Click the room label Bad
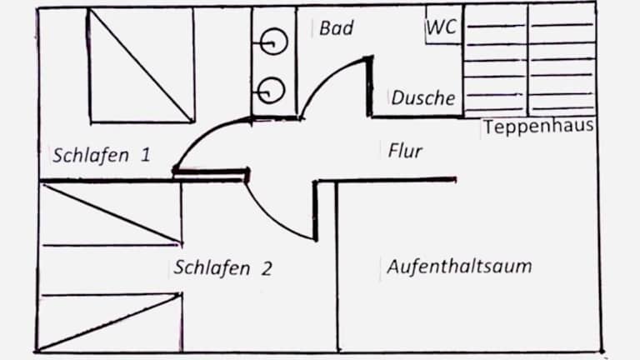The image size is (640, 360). click(337, 28)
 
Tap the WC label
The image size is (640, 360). click(442, 27)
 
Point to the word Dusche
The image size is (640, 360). click(423, 98)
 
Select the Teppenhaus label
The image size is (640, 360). click(538, 127)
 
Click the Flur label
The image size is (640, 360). click(405, 151)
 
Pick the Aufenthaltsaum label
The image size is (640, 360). click(459, 267)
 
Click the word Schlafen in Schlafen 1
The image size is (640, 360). click(89, 155)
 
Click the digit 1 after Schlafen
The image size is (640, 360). click(145, 155)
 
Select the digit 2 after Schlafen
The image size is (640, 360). click(266, 268)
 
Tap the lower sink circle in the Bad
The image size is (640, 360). click(272, 89)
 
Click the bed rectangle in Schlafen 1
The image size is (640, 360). click(141, 65)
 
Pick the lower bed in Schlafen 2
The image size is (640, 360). click(110, 321)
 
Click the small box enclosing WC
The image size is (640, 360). click(442, 25)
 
